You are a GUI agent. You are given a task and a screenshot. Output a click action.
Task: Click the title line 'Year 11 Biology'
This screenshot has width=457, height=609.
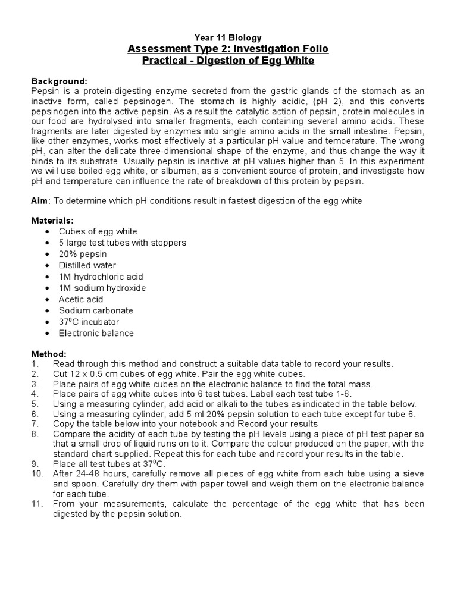coord(228,37)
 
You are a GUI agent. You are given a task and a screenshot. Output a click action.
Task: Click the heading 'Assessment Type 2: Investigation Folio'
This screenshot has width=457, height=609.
coord(228,49)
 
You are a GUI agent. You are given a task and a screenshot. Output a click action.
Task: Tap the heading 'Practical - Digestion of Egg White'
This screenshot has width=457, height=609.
coord(228,61)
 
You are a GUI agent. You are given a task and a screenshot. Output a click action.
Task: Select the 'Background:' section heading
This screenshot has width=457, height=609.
coord(60,80)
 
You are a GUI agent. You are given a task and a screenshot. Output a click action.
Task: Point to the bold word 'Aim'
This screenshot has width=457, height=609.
coord(39,201)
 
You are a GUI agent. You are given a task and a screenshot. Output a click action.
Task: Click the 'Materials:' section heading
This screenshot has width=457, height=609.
coord(52,220)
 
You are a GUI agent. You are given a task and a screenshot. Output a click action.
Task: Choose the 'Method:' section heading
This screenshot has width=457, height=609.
coord(49,353)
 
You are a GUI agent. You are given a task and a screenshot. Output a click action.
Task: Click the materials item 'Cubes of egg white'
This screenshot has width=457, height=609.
coord(98,231)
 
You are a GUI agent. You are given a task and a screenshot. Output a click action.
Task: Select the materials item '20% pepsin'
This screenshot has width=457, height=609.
coord(83,254)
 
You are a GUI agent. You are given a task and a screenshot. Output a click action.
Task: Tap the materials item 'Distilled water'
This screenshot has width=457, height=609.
coord(87,265)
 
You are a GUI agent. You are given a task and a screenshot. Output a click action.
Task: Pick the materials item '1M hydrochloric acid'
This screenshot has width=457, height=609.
coord(101,277)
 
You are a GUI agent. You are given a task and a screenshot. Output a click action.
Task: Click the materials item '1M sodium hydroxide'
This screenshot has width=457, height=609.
coord(102,288)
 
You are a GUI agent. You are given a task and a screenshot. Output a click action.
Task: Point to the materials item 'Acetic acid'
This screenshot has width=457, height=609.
coord(81,299)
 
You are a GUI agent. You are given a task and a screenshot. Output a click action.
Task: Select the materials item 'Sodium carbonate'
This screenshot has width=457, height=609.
coord(96,310)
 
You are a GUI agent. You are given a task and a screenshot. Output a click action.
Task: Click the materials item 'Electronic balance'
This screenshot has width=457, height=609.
coord(96,333)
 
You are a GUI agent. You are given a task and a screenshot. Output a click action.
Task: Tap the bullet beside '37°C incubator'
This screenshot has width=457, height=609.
coord(47,322)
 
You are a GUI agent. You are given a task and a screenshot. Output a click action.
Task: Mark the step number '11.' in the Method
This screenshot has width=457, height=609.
coord(37,504)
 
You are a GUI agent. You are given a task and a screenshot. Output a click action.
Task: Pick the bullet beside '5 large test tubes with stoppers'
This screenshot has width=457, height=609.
coord(47,243)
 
